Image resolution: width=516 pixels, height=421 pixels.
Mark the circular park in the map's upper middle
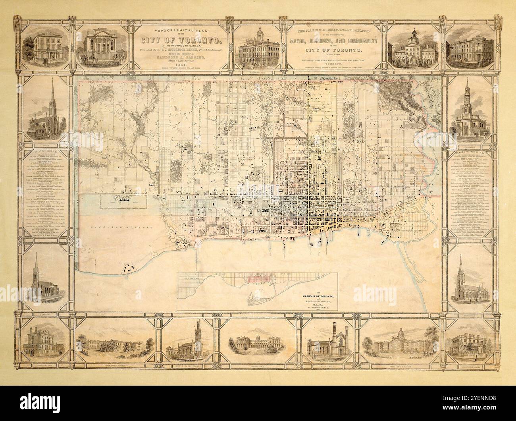point(229,126)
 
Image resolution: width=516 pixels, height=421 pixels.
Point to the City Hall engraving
point(414,50)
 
